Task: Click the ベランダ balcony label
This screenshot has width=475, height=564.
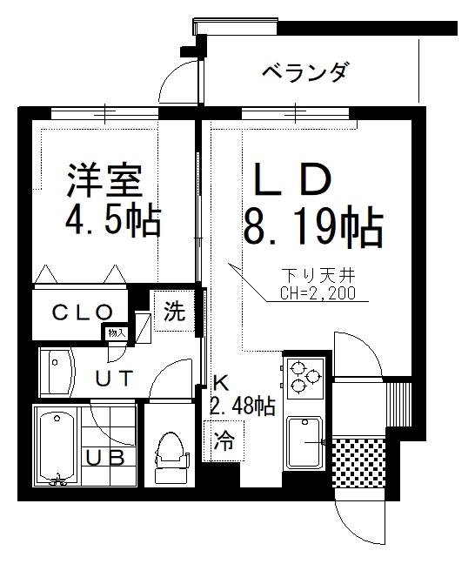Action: click(305, 72)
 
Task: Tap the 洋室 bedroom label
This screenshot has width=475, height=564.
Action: click(104, 180)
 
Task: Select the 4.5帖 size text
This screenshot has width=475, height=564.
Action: click(113, 220)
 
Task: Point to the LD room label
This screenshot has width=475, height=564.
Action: click(292, 179)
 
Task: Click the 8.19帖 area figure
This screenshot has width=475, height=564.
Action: click(313, 226)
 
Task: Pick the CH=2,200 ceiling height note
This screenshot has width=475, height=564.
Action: click(318, 293)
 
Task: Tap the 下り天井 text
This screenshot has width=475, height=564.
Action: click(318, 276)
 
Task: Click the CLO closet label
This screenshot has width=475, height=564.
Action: click(83, 312)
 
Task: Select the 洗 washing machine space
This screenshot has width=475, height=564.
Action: click(174, 311)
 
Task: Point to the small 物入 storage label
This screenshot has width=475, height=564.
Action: click(117, 333)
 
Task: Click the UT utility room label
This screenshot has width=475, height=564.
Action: click(114, 378)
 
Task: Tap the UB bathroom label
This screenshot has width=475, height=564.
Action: click(105, 458)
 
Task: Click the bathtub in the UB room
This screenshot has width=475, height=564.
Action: click(57, 446)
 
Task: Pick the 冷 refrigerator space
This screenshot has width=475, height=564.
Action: click(224, 441)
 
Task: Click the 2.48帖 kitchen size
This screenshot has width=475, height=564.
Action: click(243, 406)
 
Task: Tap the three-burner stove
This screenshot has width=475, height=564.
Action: click(304, 377)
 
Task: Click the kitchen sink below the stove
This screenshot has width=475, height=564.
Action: click(304, 443)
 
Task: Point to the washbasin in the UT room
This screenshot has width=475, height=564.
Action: click(57, 373)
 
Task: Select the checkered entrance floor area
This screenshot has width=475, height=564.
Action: click(358, 463)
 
